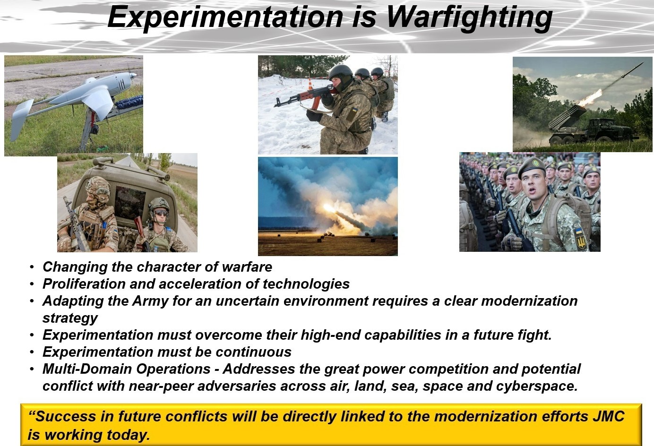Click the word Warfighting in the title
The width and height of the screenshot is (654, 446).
(469, 17)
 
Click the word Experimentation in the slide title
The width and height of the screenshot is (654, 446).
(225, 17)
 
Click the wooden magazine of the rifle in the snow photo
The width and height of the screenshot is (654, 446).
(316, 102)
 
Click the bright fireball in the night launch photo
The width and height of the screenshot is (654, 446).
(329, 208)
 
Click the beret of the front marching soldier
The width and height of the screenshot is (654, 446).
(532, 167)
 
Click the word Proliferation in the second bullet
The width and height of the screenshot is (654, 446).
(84, 284)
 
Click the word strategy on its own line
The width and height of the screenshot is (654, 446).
(70, 318)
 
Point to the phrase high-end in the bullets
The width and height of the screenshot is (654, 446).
(330, 335)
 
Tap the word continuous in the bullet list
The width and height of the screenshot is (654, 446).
(253, 352)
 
